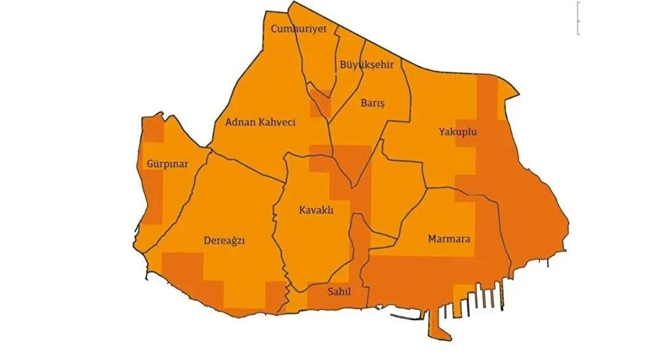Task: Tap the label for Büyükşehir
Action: pos(366,64)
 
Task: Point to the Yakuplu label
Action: pos(458,132)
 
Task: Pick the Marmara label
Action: pos(448,239)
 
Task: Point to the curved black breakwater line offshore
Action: pos(405,317)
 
